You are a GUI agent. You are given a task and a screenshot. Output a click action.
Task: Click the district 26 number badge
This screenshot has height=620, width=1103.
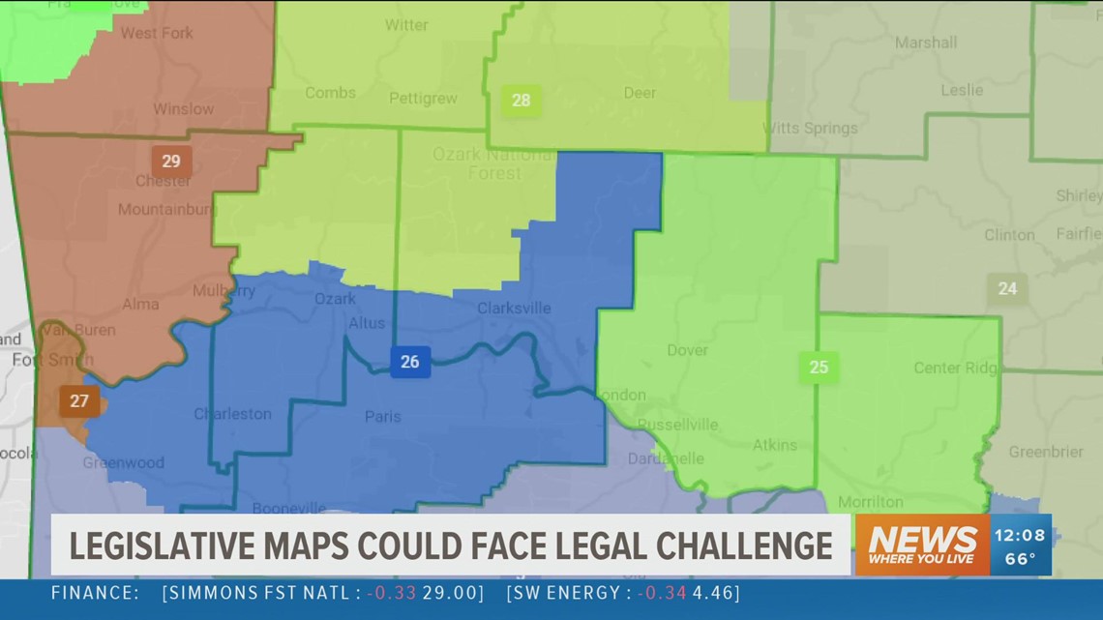coord(409,362)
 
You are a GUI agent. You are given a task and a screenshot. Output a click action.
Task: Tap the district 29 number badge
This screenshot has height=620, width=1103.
coord(171,161)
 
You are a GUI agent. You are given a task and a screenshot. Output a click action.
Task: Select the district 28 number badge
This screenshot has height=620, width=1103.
coord(521,101)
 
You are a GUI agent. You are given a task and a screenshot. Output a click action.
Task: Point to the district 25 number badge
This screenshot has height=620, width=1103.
coord(819,368)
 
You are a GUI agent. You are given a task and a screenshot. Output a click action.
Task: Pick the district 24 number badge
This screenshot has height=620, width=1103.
coord(1007,288)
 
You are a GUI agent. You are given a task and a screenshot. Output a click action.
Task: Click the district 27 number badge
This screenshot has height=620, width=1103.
coord(79,400)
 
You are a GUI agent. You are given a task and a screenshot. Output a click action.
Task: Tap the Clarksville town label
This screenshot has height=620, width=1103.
coord(514,309)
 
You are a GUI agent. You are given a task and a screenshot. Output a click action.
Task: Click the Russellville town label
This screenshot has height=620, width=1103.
coord(677,425)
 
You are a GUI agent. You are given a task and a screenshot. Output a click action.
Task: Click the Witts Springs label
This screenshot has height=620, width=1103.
coord(811,128)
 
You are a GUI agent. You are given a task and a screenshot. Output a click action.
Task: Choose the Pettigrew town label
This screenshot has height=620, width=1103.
coord(422,99)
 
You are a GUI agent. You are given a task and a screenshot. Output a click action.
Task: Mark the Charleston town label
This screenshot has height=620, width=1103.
coord(233,414)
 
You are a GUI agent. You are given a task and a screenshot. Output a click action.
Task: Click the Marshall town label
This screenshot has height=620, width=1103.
coord(926,43)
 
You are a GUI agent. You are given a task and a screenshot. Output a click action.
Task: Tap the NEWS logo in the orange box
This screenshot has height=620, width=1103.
coord(922,539)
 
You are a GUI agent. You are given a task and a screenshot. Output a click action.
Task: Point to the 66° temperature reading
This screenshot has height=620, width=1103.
coord(1019,558)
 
